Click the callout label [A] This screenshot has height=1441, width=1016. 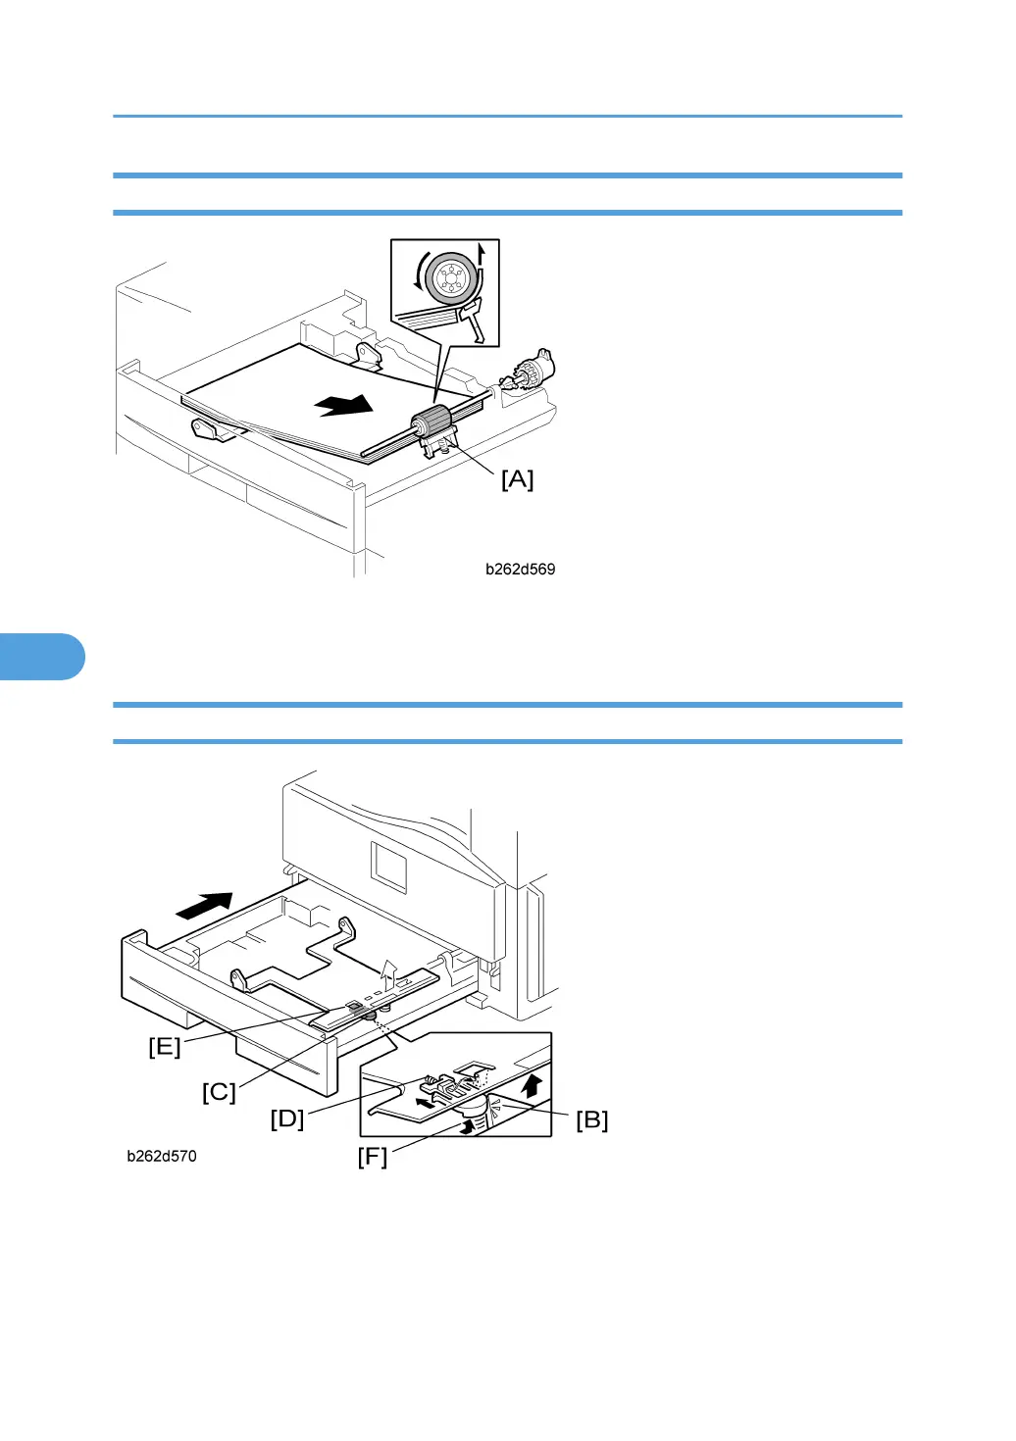click(517, 479)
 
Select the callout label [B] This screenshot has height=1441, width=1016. click(591, 1119)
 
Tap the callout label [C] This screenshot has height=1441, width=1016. click(219, 1092)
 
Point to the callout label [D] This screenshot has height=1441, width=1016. click(287, 1118)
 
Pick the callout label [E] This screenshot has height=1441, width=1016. click(165, 1047)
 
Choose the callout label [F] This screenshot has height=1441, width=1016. click(372, 1157)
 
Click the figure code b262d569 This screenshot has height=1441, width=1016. click(520, 570)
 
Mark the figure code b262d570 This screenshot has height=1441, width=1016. click(162, 1157)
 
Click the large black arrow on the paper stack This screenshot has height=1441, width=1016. click(344, 404)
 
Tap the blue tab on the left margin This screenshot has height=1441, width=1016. click(39, 657)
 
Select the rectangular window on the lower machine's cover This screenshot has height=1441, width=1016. click(387, 867)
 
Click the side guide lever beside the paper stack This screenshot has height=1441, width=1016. click(208, 428)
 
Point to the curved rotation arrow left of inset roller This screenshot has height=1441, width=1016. click(419, 271)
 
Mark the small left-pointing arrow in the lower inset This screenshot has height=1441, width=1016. click(425, 1102)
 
